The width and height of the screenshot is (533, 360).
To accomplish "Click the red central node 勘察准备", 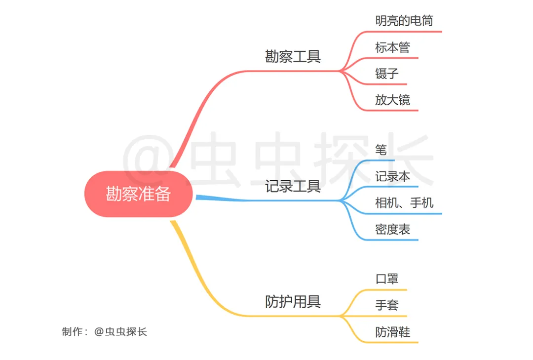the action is click(138, 194).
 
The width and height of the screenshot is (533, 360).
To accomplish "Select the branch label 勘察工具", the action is click(293, 56).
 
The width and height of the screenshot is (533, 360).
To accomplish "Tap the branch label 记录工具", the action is click(293, 186).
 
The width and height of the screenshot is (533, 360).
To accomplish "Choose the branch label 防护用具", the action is click(293, 301).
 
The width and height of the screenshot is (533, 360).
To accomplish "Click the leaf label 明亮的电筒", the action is click(404, 20).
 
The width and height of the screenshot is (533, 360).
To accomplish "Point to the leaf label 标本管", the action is click(393, 47).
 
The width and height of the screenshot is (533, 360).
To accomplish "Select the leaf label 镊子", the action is click(387, 73).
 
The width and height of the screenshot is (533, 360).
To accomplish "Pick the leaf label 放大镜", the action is click(393, 100).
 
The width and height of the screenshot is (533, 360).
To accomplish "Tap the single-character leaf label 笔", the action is click(381, 150).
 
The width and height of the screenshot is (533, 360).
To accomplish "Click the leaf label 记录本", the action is click(393, 176).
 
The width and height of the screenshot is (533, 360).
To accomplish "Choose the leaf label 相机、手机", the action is click(404, 203).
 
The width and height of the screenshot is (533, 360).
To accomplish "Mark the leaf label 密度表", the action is click(393, 229).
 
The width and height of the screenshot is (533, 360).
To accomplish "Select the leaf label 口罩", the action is click(387, 279).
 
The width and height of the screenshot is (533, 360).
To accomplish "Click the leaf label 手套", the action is click(387, 305).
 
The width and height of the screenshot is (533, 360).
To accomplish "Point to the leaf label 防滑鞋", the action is click(393, 332).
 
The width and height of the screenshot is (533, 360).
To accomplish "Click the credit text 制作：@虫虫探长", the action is click(104, 331).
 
